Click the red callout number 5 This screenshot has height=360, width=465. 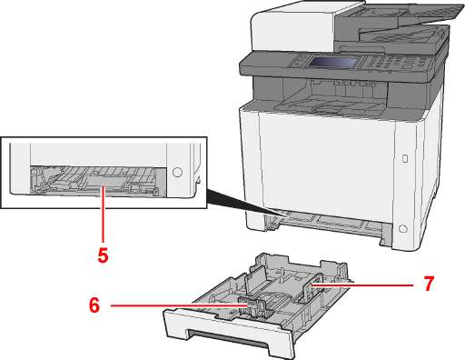[103, 255]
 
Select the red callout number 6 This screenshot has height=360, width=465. [94, 305]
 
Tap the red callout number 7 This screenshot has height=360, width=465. [428, 284]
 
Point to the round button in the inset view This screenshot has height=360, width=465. [177, 172]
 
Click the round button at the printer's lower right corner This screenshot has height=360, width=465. [402, 229]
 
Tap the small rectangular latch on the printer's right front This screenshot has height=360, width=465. [405, 158]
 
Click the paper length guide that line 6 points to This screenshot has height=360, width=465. [251, 306]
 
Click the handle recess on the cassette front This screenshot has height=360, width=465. [228, 335]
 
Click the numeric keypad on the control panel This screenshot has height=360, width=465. [382, 63]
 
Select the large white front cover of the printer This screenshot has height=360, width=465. [327, 164]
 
